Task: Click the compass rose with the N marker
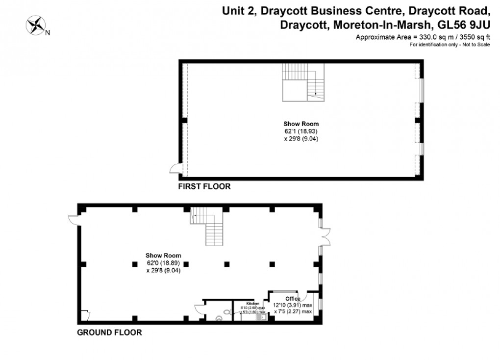click(36, 26)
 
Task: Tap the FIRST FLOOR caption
click(204, 187)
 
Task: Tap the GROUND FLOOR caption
click(109, 333)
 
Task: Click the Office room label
click(293, 299)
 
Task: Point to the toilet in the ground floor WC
click(226, 311)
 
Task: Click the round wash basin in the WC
click(219, 318)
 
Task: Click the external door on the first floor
click(175, 169)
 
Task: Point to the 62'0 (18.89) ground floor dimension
click(163, 262)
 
